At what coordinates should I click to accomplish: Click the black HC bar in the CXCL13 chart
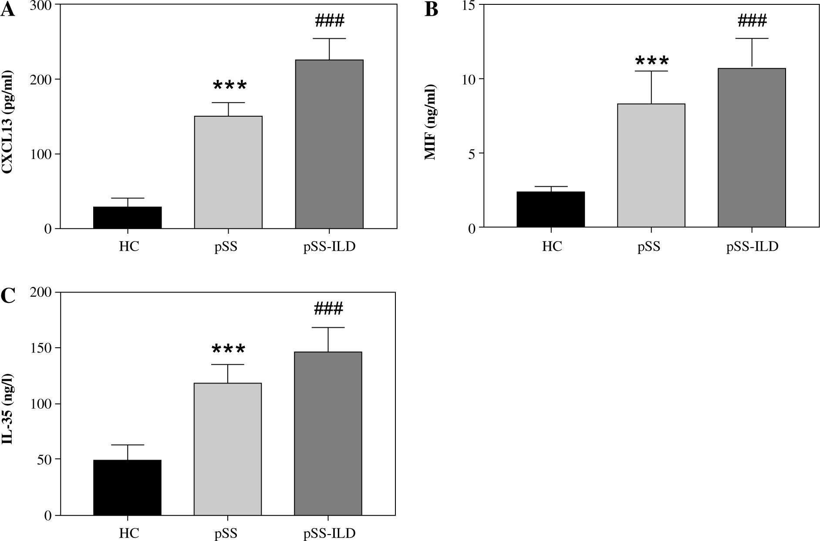pyautogui.click(x=128, y=218)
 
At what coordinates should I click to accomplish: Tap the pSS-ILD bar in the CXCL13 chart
pyautogui.click(x=329, y=144)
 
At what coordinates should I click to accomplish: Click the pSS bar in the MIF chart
pyautogui.click(x=651, y=165)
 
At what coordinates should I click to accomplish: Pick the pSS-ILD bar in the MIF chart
pyautogui.click(x=752, y=148)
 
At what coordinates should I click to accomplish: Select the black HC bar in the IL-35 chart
pyautogui.click(x=128, y=487)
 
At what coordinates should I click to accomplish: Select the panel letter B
pyautogui.click(x=431, y=10)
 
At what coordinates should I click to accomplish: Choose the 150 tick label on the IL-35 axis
pyautogui.click(x=41, y=348)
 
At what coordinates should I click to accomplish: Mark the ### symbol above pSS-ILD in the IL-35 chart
pyautogui.click(x=328, y=309)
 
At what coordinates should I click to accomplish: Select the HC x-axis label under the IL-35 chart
pyautogui.click(x=129, y=534)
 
